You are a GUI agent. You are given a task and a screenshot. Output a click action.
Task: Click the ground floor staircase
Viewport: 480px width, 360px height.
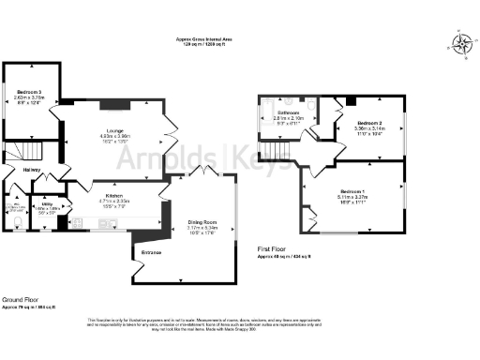35,150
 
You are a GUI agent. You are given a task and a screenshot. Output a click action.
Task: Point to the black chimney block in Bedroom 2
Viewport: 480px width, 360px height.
350,101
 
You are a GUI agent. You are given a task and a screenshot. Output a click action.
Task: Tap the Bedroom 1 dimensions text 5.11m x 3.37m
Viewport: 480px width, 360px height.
352,197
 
